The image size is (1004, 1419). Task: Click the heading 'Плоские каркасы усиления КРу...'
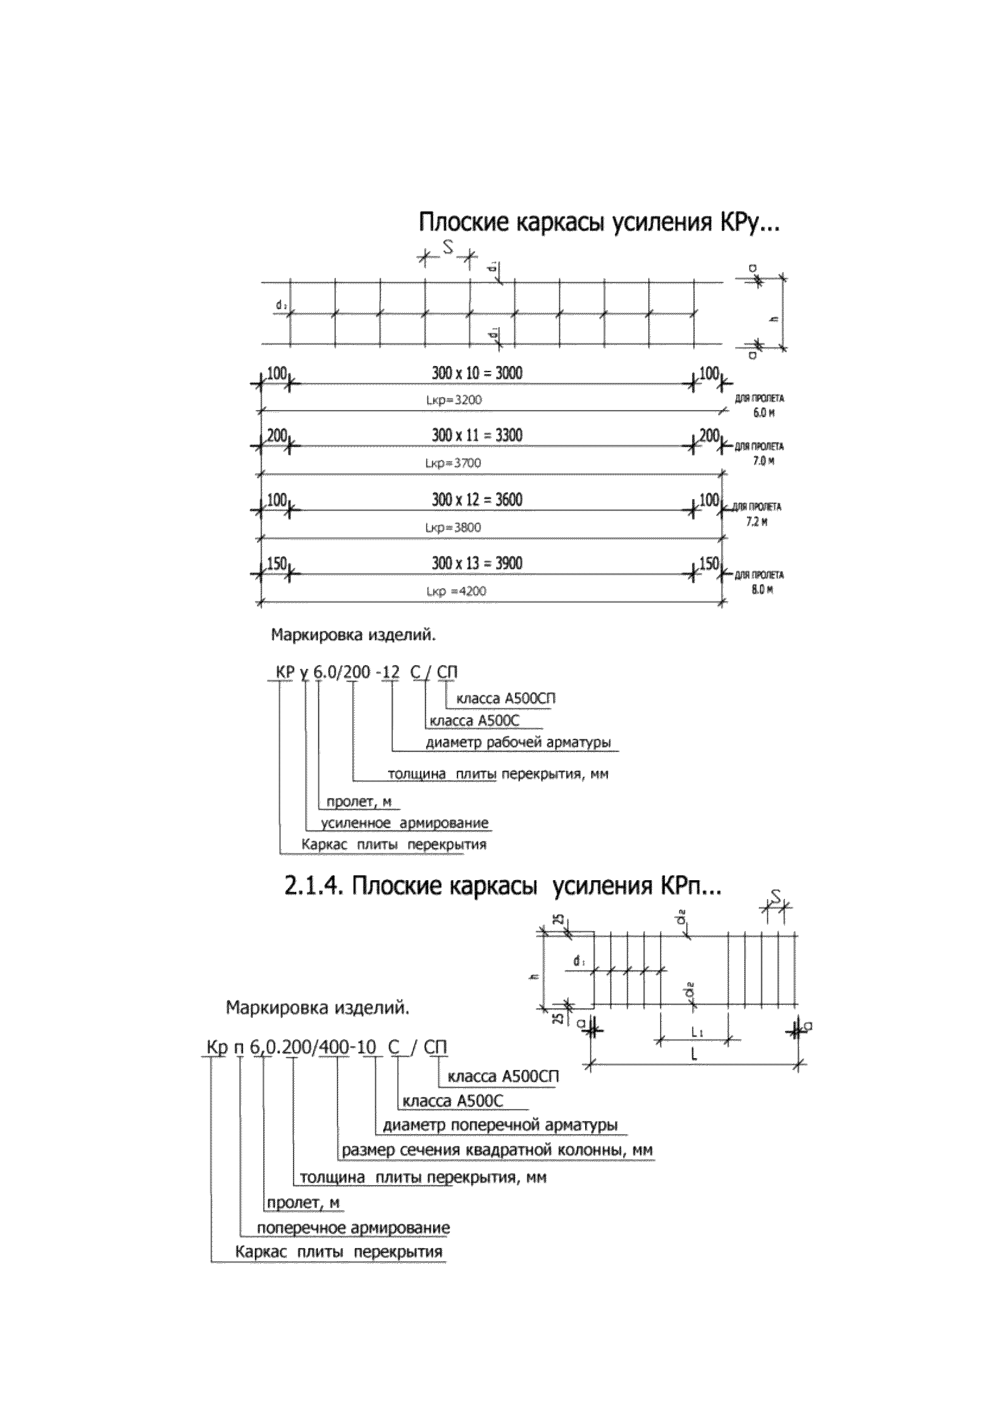[599, 222]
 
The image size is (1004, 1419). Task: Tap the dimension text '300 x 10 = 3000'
[477, 373]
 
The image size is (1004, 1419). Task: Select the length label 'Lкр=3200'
[454, 400]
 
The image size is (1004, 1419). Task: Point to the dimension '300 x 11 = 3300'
[477, 435]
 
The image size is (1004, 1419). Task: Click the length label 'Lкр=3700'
[453, 463]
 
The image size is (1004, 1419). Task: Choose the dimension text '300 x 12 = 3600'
[477, 500]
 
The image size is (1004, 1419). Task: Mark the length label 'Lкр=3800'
[453, 527]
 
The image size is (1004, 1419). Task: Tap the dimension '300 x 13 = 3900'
[477, 563]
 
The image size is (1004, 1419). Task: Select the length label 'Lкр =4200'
[456, 591]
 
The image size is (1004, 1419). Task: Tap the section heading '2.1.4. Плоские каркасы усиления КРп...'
[503, 886]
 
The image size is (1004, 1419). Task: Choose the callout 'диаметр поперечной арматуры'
[499, 1125]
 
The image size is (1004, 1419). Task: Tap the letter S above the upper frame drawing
[448, 247]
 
